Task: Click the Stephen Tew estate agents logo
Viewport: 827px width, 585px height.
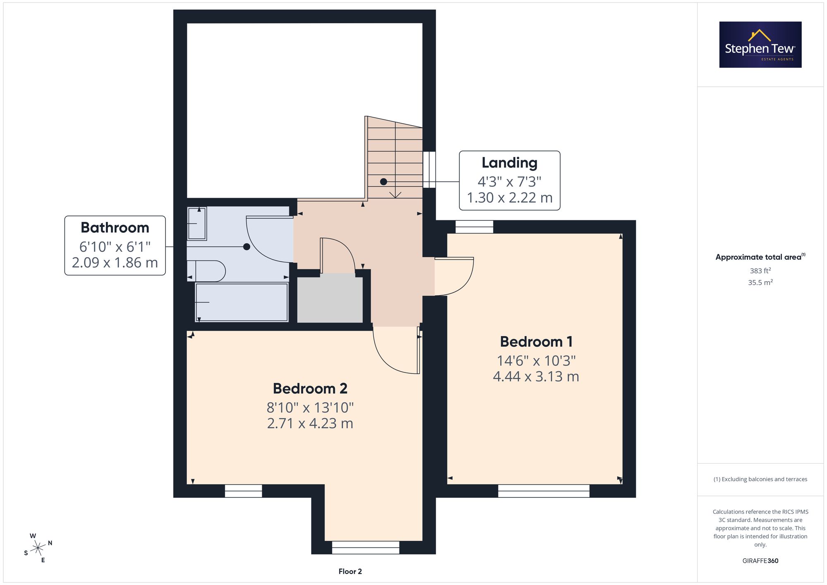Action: [760, 45]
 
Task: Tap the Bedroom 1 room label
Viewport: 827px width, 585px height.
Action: [536, 342]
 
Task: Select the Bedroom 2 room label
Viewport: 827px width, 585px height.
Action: [310, 389]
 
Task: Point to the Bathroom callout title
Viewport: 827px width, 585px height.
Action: [115, 228]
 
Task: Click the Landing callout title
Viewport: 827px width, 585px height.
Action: [509, 163]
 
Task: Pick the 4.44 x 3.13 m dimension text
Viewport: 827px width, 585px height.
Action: [536, 377]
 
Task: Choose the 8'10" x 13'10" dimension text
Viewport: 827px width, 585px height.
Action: [310, 408]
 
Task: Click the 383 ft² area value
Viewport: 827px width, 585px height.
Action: [760, 271]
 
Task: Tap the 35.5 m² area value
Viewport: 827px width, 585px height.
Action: [760, 282]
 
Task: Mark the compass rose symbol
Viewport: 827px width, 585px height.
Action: [38, 548]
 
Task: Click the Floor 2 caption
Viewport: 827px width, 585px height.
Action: [350, 571]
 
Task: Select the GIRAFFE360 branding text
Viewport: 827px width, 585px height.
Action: [760, 561]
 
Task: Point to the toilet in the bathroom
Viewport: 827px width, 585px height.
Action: [206, 271]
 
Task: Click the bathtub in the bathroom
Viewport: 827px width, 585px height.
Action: [241, 302]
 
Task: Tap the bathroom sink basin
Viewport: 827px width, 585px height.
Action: [197, 223]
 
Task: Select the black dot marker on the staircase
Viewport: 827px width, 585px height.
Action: [384, 181]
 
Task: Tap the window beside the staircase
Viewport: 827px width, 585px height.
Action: [429, 170]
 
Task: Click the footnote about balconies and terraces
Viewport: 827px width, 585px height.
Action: [760, 479]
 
